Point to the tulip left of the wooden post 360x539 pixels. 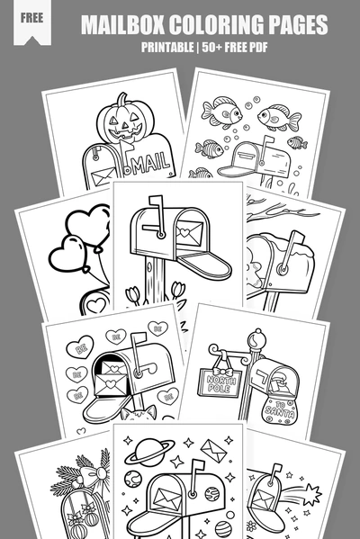click(x=135, y=294)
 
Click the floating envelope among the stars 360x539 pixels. click(x=213, y=447)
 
